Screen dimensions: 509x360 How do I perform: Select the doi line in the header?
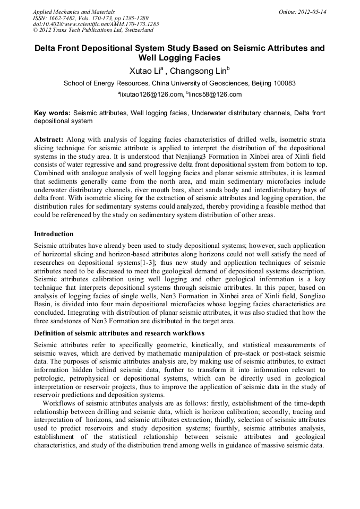96,24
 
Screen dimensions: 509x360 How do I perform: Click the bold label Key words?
52,113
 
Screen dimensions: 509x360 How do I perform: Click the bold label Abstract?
49,139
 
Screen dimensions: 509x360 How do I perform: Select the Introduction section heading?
54,234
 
